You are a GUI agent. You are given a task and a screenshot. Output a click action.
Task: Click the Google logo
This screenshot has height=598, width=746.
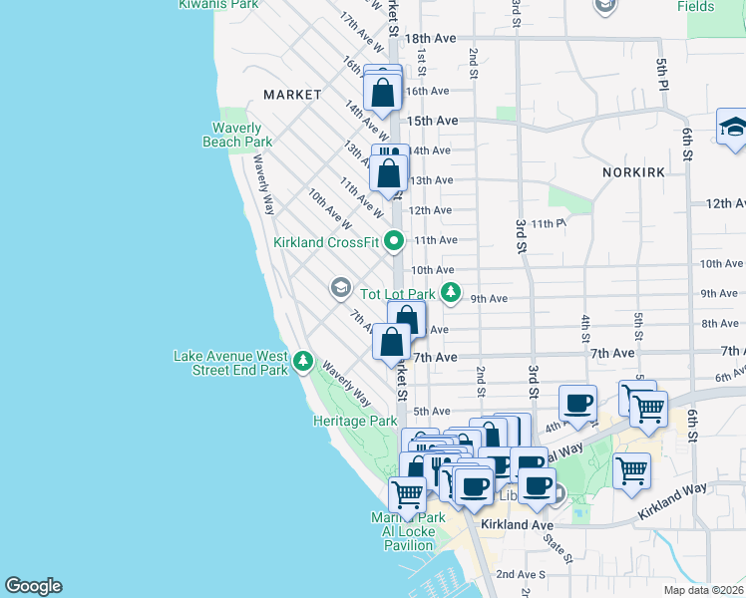pos(33,586)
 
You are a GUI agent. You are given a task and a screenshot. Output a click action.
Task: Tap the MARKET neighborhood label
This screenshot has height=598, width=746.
pos(292,95)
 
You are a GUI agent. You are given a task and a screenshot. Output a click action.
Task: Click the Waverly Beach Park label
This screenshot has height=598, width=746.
pos(237,135)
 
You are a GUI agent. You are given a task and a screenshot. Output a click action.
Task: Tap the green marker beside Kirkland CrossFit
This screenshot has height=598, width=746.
pos(394,240)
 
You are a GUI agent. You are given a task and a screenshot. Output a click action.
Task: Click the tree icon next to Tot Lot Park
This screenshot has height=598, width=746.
pos(452,293)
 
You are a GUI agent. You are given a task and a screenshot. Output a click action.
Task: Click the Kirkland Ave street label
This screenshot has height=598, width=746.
pos(517,524)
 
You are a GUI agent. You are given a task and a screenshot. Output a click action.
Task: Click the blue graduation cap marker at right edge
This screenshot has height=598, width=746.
pos(733,128)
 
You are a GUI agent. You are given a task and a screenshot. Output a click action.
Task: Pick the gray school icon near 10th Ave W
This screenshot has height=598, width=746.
pos(340,288)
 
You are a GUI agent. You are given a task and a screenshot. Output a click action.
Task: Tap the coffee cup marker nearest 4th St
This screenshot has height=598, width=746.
pos(578,404)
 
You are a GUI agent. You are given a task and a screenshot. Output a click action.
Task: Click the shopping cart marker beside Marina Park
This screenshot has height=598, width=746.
pos(407,491)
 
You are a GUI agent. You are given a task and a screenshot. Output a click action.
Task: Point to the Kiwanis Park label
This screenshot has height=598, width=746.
pos(211,5)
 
